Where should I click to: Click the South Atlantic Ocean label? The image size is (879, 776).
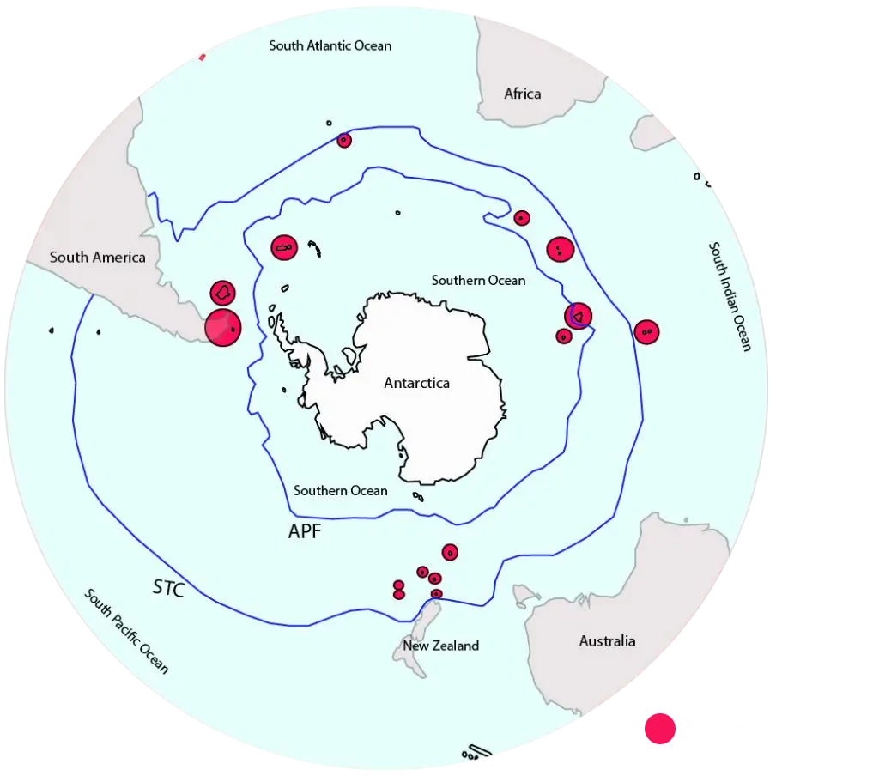330,45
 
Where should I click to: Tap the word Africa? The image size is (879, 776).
522,94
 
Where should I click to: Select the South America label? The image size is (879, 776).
97,257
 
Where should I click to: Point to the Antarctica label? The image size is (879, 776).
416,383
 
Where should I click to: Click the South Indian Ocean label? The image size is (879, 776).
730,296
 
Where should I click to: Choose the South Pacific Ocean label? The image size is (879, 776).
126,631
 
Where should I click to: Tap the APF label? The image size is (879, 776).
305,532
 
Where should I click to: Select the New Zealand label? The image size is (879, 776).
440,646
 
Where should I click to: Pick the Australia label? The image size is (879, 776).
607,641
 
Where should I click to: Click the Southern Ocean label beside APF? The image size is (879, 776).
340,491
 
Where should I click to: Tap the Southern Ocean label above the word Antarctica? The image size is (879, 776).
478,280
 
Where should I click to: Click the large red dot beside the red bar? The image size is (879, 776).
661,730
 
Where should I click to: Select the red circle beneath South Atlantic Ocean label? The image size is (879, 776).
344,140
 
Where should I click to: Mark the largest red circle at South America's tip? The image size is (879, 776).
222,328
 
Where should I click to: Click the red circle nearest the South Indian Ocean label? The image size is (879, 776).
646,331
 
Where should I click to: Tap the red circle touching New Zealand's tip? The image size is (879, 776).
436,594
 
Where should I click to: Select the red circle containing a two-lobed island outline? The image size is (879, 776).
284,248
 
